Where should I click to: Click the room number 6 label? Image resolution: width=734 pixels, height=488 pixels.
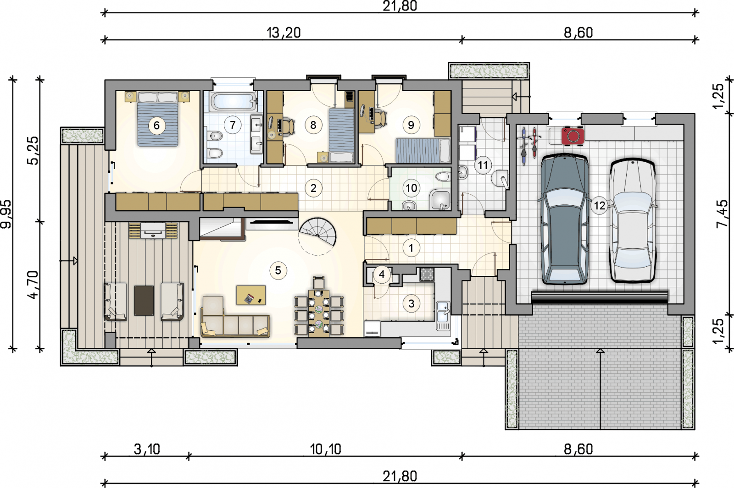coord(156,126)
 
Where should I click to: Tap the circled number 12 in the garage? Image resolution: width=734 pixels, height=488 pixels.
coord(600,206)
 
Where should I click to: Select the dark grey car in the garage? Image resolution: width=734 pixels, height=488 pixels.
coord(564,219)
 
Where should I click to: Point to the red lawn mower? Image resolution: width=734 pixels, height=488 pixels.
coord(573,136)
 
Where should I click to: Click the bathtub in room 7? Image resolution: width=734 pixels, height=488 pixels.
coord(234,101)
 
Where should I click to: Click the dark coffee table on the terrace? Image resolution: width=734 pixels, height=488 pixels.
coord(144,301)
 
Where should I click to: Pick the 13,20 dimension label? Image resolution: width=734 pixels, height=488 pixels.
coord(284,33)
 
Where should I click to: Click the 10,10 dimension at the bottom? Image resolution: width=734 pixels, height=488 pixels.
coord(325,449)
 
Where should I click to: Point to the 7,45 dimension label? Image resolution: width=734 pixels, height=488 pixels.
coord(722,214)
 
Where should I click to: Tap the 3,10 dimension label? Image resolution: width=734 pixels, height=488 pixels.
coord(147,449)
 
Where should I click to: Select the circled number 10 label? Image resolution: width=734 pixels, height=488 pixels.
coord(411,188)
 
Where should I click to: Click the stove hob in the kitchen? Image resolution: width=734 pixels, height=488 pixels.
coord(426,274)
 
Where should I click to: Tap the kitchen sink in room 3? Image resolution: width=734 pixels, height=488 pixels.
coord(443,316)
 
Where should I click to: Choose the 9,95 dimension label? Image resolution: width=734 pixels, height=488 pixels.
coord(6,214)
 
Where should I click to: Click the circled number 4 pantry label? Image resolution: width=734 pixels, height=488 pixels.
coord(382,274)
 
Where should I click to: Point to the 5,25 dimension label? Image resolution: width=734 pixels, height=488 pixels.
coord(33,151)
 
